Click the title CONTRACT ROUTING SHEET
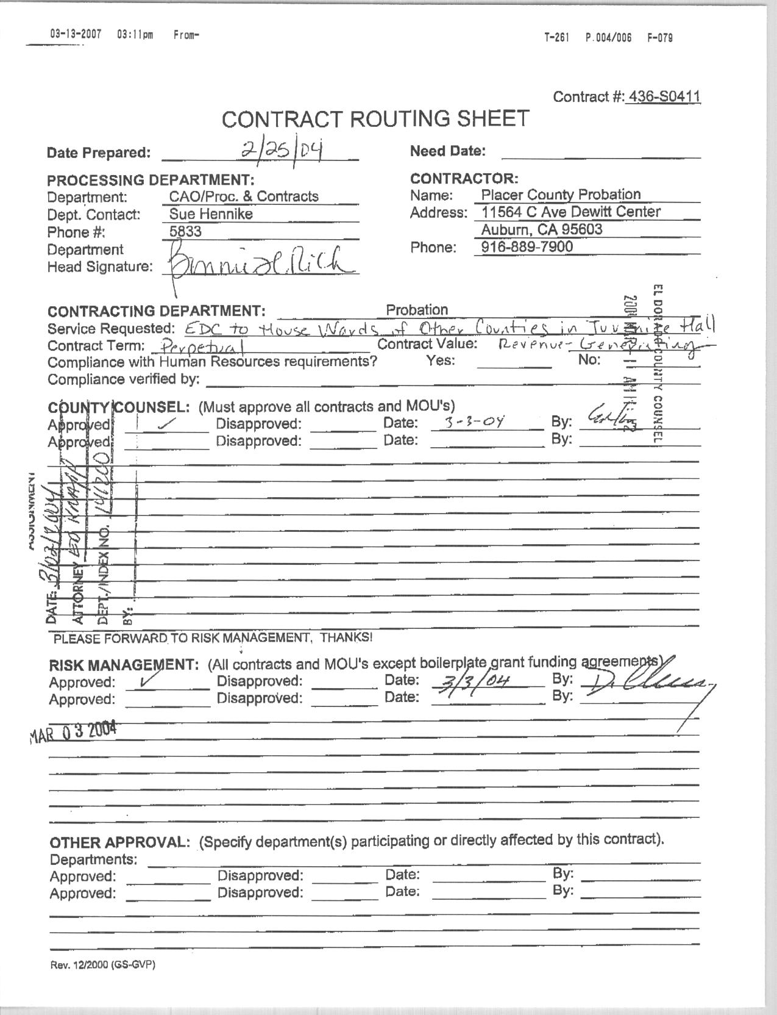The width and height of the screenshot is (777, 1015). (375, 119)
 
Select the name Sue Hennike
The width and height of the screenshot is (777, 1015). (211, 213)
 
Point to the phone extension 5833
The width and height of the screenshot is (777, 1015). (185, 231)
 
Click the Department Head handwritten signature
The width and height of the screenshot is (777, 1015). (259, 264)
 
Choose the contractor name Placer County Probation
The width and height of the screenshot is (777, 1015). (561, 195)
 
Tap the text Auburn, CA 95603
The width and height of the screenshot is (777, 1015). (542, 229)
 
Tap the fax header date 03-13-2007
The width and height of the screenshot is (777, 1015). (75, 35)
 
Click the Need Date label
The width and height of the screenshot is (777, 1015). (447, 151)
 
